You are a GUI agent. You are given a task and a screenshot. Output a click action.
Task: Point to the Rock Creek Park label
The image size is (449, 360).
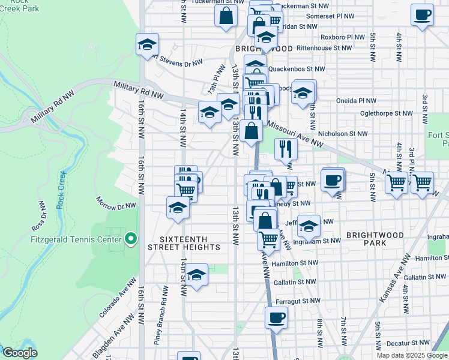click(x=19, y=8)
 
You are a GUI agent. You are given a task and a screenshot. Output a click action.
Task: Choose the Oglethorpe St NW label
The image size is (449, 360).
click(x=386, y=113)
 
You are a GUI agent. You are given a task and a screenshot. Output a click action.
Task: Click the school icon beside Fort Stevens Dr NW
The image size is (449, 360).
click(x=147, y=44)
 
